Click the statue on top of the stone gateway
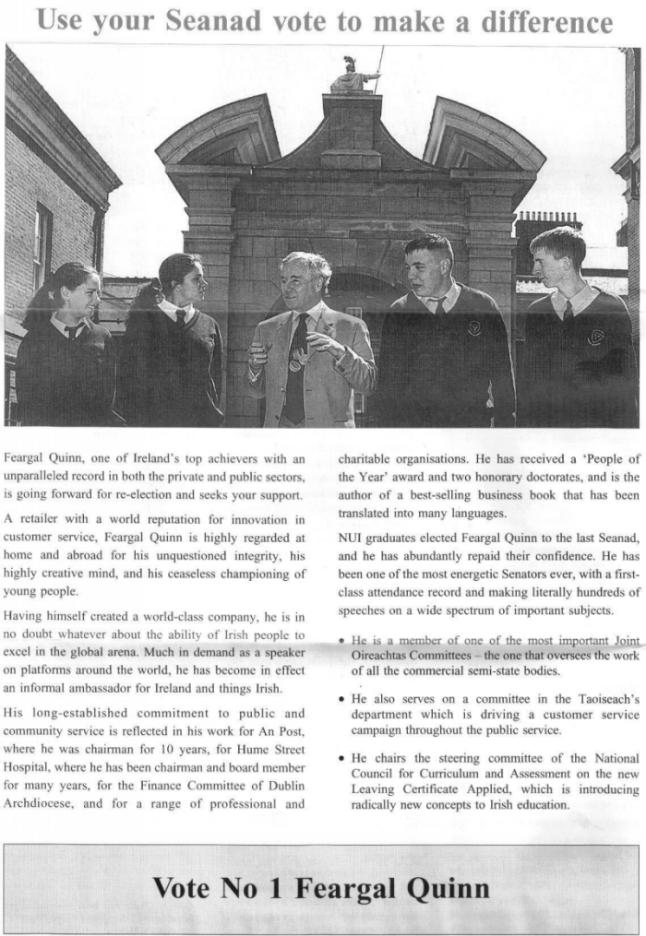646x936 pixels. coord(354,77)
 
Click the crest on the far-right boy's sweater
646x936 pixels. coord(595,337)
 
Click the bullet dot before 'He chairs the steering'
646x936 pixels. coord(342,758)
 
